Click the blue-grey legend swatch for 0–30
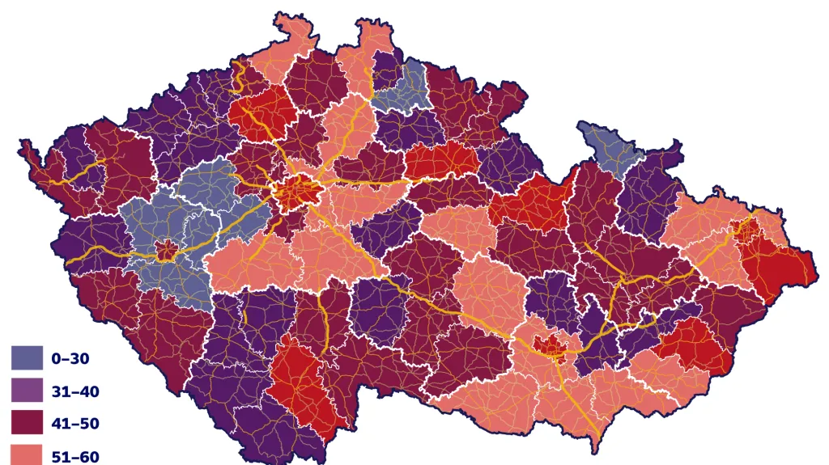click(x=27, y=357)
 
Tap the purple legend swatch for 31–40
click(x=27, y=391)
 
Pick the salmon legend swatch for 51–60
click(x=27, y=454)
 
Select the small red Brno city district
click(x=554, y=348)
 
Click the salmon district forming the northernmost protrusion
click(x=368, y=49)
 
